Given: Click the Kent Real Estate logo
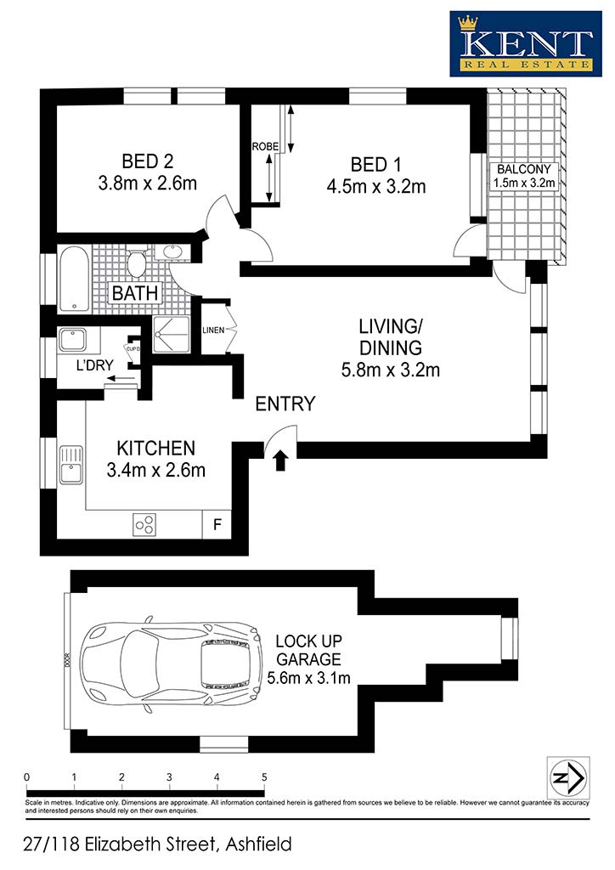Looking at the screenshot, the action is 525,43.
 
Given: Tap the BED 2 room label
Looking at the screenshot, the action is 148,161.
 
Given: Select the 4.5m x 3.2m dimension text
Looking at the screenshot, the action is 376,186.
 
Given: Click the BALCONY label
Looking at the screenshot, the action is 523,169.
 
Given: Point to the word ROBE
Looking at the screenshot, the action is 265,146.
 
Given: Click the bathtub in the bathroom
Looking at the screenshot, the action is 74,279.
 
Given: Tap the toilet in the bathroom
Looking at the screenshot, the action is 137,262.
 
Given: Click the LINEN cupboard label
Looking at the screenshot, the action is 213,330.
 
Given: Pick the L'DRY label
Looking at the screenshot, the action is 95,365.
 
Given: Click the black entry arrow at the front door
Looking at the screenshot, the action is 280,460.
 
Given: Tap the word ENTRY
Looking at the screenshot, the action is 285,404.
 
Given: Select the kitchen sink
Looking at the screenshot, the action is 71,465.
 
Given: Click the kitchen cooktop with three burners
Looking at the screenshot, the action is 144,524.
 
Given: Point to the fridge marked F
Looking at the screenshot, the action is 217,523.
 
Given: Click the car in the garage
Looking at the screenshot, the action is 170,664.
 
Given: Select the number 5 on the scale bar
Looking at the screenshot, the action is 264,777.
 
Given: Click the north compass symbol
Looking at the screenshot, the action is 568,778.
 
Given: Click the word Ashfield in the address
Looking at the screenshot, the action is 259,844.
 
